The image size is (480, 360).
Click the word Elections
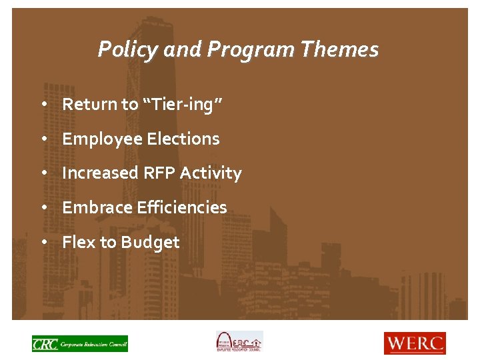click(183, 139)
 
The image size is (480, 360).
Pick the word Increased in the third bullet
click(100, 173)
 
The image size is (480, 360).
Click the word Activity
click(211, 173)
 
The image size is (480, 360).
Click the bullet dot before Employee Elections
click(43, 139)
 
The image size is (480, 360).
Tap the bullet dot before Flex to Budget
click(43, 243)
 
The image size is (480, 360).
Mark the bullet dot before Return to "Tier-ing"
click(43, 105)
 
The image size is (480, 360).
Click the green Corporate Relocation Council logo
click(79, 343)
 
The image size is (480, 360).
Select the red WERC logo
click(414, 343)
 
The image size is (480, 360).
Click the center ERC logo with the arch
click(239, 342)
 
